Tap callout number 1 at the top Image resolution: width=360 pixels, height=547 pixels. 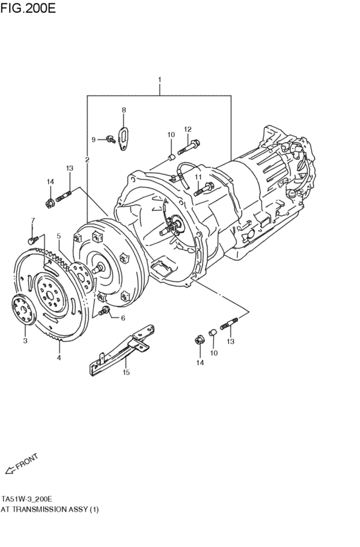[x=159, y=81]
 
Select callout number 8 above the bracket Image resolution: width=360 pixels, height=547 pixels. [x=125, y=110]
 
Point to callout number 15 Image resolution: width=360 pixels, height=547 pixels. [x=126, y=372]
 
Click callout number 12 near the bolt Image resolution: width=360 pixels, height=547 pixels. [x=188, y=130]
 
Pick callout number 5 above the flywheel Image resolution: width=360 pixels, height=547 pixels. [x=59, y=237]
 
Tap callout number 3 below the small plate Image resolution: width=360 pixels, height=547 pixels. [x=25, y=341]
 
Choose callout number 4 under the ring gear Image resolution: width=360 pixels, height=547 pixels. [x=59, y=357]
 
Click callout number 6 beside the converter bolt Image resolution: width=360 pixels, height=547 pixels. [x=122, y=318]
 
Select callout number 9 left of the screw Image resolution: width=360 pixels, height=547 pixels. [x=93, y=139]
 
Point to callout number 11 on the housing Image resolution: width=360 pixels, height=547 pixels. [x=198, y=177]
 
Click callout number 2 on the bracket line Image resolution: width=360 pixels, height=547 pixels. [x=87, y=159]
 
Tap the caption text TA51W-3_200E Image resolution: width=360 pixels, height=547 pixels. [x=27, y=499]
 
